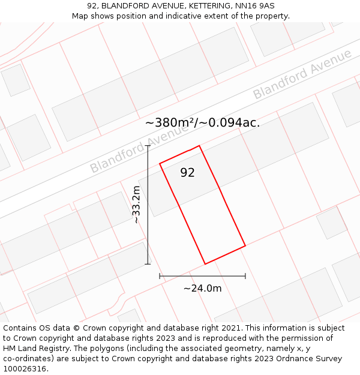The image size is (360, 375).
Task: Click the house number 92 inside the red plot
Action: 187,173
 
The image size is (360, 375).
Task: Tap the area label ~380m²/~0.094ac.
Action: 202,123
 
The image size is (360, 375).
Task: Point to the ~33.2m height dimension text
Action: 136,205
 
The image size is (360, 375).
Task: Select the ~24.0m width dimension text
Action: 202,289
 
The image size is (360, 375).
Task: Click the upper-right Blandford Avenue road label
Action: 302,74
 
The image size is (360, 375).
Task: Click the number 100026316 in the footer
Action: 25,369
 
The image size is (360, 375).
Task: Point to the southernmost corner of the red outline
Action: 205,264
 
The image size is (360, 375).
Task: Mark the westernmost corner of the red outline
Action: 160,163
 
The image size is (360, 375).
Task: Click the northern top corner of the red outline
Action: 199,146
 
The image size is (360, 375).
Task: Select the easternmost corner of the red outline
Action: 245,245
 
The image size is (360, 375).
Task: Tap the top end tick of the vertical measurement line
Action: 148,146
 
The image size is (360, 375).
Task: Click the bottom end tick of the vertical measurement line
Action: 148,264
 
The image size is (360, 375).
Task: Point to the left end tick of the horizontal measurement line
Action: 160,276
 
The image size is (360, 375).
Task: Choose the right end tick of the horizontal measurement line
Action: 245,276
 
